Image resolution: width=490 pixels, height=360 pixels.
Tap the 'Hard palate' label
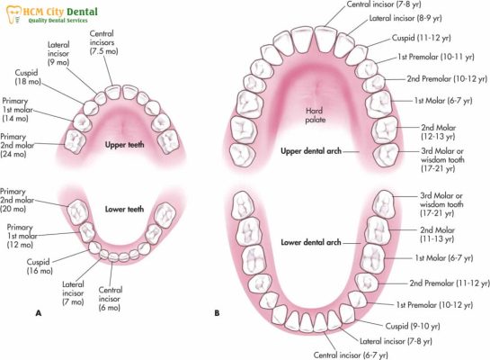[316, 115]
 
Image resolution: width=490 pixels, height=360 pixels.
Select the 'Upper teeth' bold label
[124, 145]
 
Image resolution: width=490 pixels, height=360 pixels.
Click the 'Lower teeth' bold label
[124, 209]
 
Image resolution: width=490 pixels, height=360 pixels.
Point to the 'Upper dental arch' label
[311, 151]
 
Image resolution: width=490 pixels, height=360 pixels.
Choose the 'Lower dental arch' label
[311, 242]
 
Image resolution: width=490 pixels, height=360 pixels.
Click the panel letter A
[39, 313]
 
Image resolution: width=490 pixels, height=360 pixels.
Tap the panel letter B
[217, 313]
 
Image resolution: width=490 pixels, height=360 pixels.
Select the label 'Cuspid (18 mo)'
[28, 76]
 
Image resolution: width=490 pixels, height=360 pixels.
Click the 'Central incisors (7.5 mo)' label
[103, 42]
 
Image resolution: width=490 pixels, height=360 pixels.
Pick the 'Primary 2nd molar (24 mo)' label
[17, 145]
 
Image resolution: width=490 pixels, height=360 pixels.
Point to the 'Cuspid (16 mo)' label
[40, 266]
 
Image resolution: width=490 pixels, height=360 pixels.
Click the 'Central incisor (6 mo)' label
[111, 299]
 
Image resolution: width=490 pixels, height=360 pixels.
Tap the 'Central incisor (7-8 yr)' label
[384, 4]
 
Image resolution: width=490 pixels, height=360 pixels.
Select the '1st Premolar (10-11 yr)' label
[436, 57]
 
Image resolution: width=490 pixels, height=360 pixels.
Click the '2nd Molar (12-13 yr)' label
[438, 132]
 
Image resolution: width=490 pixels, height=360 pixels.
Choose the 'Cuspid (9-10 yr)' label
[413, 326]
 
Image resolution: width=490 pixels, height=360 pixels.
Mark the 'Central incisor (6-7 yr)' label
[351, 355]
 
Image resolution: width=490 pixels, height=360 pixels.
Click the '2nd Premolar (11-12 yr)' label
[450, 283]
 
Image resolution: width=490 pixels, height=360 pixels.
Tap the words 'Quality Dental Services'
[58, 21]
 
